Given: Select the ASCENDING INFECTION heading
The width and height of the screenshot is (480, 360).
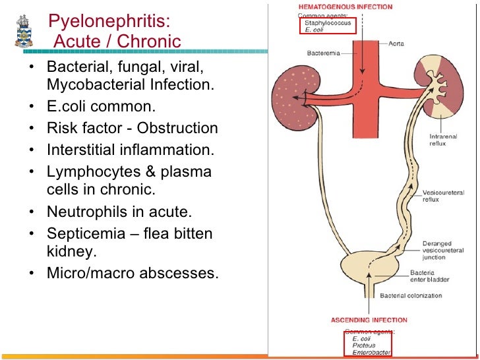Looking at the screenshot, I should tap(369, 320).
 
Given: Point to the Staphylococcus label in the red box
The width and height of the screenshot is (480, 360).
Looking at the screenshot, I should tap(328, 22).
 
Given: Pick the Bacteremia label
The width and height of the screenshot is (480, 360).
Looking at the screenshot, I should tap(323, 53).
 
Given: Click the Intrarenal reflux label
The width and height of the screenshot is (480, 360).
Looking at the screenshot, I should tap(443, 140).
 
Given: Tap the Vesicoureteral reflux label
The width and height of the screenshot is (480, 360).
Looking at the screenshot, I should tap(440, 196).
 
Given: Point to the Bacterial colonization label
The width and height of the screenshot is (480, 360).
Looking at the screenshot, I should tap(411, 296).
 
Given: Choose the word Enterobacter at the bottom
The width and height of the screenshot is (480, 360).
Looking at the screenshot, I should tap(371, 353).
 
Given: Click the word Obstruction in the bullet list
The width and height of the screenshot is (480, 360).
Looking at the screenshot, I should tap(183, 128).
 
